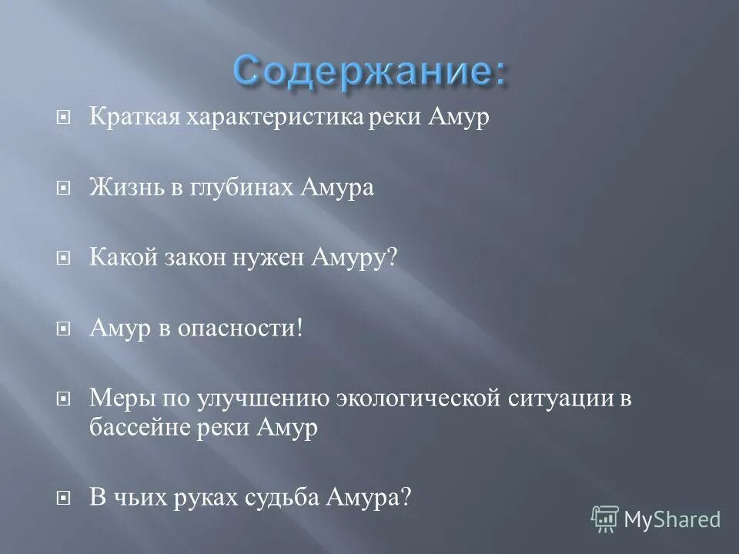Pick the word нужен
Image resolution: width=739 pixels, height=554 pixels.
[x=269, y=256]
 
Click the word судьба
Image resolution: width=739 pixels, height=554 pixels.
[x=281, y=498]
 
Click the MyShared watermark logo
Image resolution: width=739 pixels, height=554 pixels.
[x=656, y=518]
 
